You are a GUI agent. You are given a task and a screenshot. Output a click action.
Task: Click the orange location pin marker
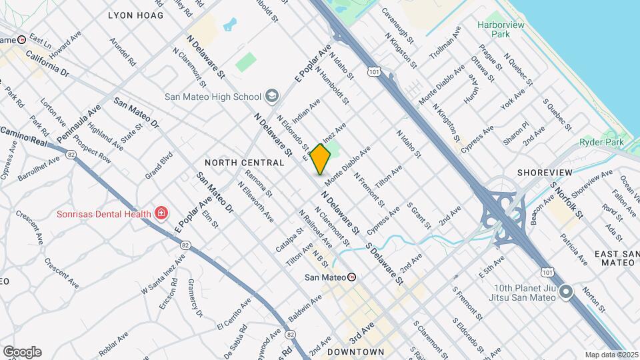(x=321, y=159)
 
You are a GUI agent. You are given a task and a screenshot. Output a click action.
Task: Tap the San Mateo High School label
(x=213, y=97)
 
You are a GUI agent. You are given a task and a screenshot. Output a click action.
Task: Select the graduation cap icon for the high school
(x=271, y=97)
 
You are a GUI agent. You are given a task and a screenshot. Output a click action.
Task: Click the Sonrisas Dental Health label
(x=102, y=213)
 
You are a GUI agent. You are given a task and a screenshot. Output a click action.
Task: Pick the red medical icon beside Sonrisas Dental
(x=161, y=213)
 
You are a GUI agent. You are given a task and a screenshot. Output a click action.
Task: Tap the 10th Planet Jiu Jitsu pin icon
(x=566, y=291)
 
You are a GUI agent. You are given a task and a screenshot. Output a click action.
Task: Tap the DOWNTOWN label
(x=356, y=351)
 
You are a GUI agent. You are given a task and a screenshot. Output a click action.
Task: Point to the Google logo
(x=22, y=352)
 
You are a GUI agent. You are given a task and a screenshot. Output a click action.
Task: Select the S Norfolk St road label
(x=567, y=200)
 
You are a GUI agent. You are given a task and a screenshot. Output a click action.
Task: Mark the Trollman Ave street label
(x=445, y=42)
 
